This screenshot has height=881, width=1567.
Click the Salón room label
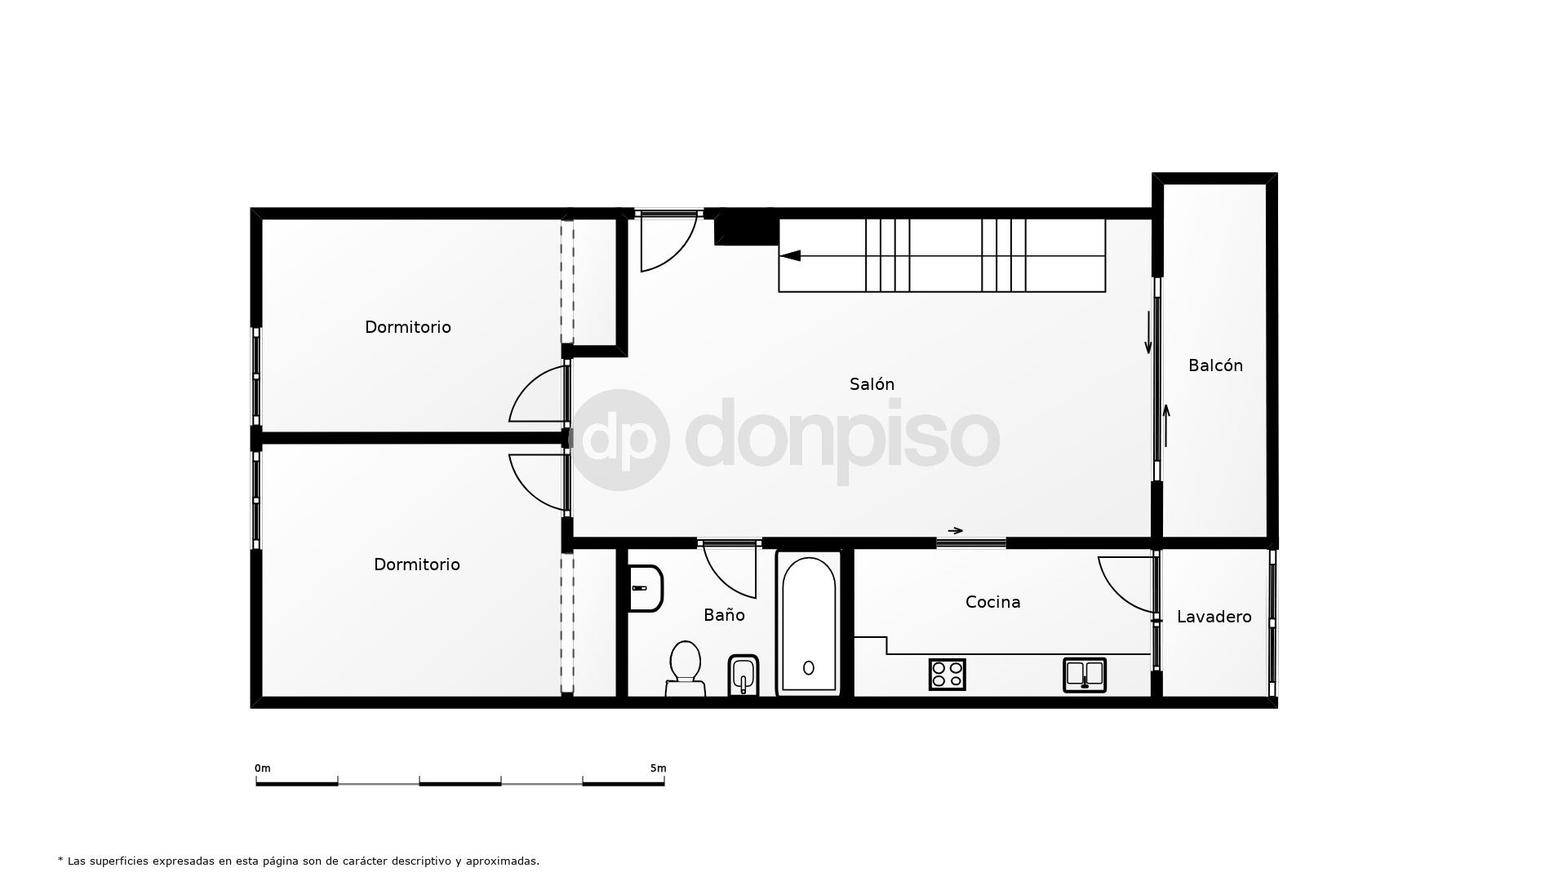872,384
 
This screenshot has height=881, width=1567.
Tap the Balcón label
1215,365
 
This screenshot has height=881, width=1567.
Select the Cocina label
992,602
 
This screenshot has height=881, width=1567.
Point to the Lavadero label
1214,617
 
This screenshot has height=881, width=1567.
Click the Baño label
724,615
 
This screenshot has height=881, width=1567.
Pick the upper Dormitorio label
407,327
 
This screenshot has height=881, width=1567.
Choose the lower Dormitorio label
416,564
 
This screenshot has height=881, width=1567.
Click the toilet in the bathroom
686,668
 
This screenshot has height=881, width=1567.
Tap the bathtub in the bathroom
808,623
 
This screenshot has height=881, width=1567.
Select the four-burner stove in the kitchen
947,675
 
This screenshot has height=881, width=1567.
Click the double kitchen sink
1085,675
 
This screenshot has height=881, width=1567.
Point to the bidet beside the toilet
743,675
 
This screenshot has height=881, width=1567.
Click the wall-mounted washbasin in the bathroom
646,588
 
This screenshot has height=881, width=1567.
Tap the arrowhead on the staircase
790,256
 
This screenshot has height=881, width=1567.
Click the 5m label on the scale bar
658,768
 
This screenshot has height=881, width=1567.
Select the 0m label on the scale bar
262,768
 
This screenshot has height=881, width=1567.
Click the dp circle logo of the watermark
619,440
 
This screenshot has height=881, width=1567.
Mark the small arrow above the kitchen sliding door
955,531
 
